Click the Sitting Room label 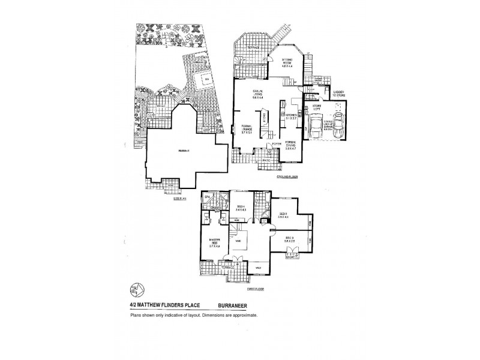click(286, 62)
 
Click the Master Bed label click(214, 242)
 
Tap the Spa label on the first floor click(208, 197)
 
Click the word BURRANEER click(244, 304)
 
